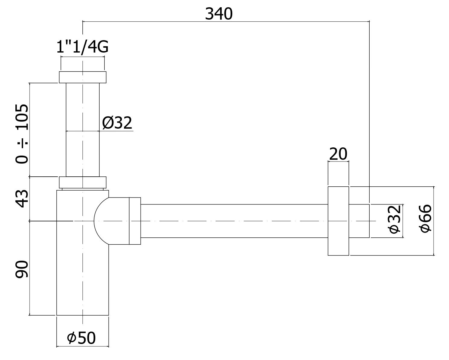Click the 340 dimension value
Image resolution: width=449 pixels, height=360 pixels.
click(219, 14)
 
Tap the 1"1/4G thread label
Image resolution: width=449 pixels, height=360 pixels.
click(82, 47)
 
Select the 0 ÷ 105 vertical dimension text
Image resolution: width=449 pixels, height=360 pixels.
click(22, 134)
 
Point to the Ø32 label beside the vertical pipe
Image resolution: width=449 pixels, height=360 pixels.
click(117, 123)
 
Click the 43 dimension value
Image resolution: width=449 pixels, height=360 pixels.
click(22, 199)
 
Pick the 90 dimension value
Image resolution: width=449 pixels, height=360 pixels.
click(22, 269)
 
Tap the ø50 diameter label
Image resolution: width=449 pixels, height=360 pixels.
click(81, 338)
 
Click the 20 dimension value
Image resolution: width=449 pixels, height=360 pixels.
click(338, 154)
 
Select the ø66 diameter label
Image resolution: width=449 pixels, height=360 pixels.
click(425, 218)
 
